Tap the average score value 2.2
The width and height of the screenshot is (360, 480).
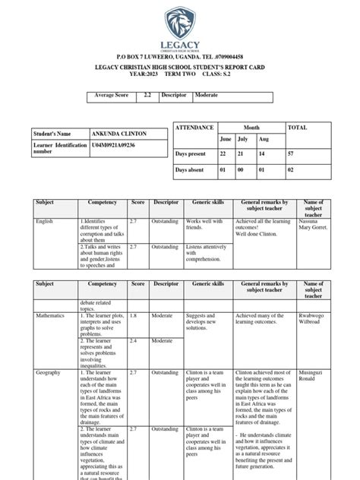[148, 98]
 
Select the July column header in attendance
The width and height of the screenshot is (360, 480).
[243, 140]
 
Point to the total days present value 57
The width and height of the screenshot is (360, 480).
[292, 153]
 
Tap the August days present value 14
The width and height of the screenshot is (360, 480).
[264, 153]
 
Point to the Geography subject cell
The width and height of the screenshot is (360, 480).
[49, 374]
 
